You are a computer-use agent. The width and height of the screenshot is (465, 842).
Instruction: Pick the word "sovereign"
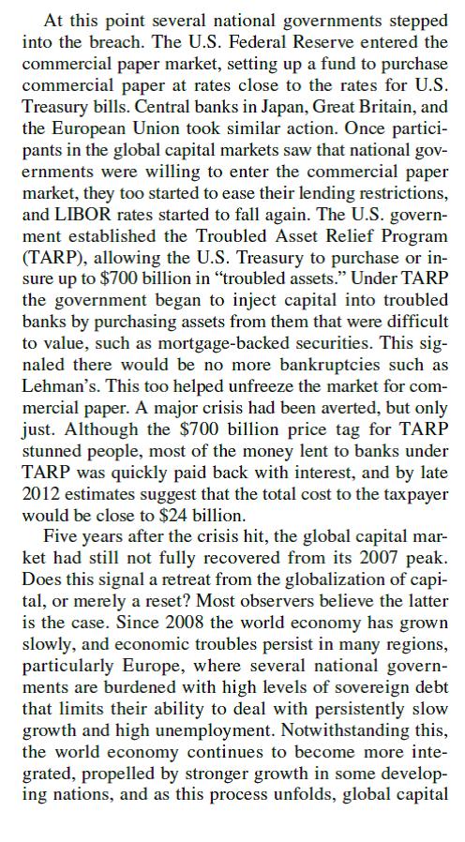point(363,661)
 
